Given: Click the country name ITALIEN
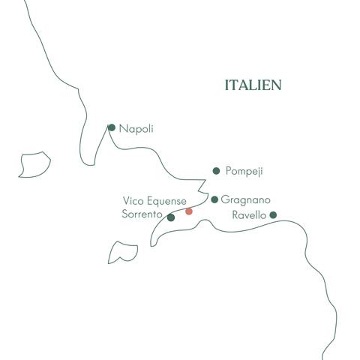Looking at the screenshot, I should (253, 85).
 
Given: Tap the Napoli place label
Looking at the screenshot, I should (136, 128).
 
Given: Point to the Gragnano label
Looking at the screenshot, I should (246, 200).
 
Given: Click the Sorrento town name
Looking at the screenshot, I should (142, 214).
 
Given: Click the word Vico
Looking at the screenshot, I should (132, 201).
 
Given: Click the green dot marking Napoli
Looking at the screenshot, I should (112, 127).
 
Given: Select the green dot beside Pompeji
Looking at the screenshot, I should (217, 171).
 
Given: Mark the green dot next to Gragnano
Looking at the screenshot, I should (214, 199).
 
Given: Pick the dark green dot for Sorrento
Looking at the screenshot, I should (171, 217).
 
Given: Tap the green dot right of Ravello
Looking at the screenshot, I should (273, 215).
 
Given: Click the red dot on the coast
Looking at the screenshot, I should (189, 211).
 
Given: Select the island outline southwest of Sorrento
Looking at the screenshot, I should (122, 252).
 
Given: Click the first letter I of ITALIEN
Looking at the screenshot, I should (226, 85).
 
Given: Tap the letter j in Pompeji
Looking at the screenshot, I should (257, 172).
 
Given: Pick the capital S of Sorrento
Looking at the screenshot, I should (124, 214).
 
